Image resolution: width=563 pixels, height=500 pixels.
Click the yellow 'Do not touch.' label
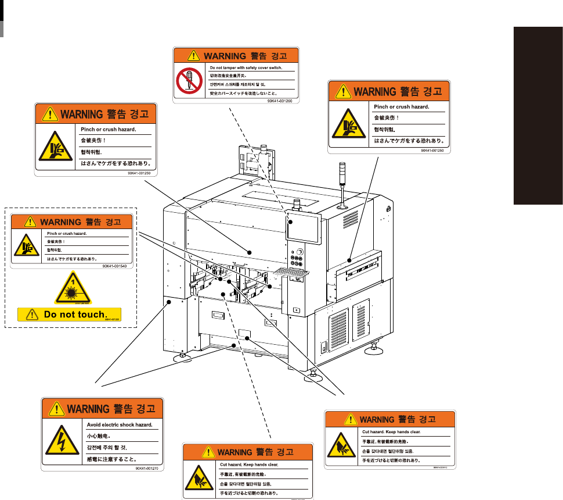(70, 315)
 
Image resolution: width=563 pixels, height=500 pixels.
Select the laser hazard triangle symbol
(73, 288)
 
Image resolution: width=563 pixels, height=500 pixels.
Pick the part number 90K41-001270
(147, 467)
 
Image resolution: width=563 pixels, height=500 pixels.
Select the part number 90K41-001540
(114, 266)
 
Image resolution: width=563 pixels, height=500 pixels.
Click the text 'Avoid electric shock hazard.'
(119, 424)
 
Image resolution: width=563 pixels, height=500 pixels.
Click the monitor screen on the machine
(304, 228)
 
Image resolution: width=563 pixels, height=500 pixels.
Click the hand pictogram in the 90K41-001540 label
(27, 245)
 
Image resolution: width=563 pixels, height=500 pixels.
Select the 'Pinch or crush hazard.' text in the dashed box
(67, 234)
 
